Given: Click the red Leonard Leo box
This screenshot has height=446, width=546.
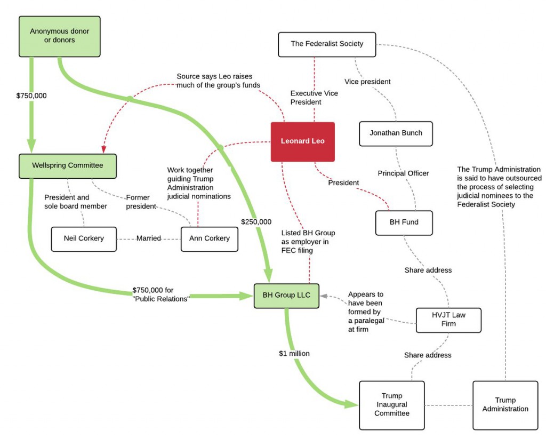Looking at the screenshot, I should [x=302, y=141].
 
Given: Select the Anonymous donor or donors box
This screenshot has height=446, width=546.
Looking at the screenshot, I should [x=59, y=36].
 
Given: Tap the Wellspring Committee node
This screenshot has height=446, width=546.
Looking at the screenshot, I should [x=67, y=165].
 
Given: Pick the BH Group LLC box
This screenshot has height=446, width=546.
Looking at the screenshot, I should [x=286, y=296].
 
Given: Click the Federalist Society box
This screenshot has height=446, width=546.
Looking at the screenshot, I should [x=326, y=44].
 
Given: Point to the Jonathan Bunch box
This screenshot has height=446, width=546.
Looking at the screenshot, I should [x=396, y=133].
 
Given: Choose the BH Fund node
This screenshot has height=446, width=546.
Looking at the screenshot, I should [x=404, y=223].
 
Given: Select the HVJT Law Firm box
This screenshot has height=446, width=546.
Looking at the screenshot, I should [x=448, y=320].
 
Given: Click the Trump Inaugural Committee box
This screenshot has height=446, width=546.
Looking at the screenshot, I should [x=391, y=405].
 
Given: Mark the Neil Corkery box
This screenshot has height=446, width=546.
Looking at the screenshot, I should [x=83, y=238].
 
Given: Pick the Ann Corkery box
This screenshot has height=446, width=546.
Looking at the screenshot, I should [x=209, y=238].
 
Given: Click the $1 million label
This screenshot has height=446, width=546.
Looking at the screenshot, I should [x=294, y=353].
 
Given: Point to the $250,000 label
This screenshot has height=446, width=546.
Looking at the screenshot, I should [x=256, y=221].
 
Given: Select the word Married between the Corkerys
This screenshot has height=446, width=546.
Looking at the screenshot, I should [x=148, y=238].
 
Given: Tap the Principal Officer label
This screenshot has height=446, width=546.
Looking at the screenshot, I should [x=403, y=173].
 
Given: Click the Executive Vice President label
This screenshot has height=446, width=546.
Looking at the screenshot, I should [x=314, y=98].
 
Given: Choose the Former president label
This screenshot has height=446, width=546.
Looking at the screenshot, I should [x=141, y=202].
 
